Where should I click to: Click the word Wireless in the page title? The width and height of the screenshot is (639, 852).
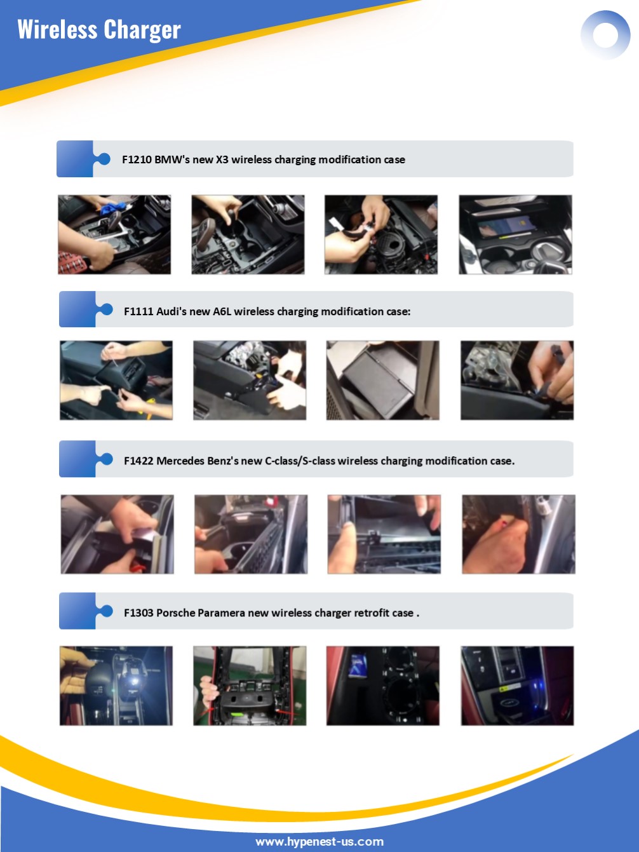tap(57, 29)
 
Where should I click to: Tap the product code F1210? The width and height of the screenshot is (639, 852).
tap(137, 159)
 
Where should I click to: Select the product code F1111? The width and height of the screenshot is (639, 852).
tap(138, 311)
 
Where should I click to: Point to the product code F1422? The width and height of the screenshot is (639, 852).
tap(138, 461)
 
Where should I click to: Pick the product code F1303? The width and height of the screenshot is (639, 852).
tap(138, 612)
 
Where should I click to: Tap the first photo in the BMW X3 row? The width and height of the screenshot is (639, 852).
tap(114, 234)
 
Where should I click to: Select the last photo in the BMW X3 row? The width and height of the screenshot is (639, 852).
tap(515, 234)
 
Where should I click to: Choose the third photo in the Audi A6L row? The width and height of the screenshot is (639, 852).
tap(383, 381)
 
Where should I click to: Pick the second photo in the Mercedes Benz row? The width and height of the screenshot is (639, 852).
tap(251, 534)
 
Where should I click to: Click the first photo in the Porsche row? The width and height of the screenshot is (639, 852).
tap(116, 686)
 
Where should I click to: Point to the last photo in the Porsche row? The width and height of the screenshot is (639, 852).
tap(517, 686)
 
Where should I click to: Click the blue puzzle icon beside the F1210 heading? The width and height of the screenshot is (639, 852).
tap(83, 159)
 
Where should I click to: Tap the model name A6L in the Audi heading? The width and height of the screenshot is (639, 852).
tap(222, 311)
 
